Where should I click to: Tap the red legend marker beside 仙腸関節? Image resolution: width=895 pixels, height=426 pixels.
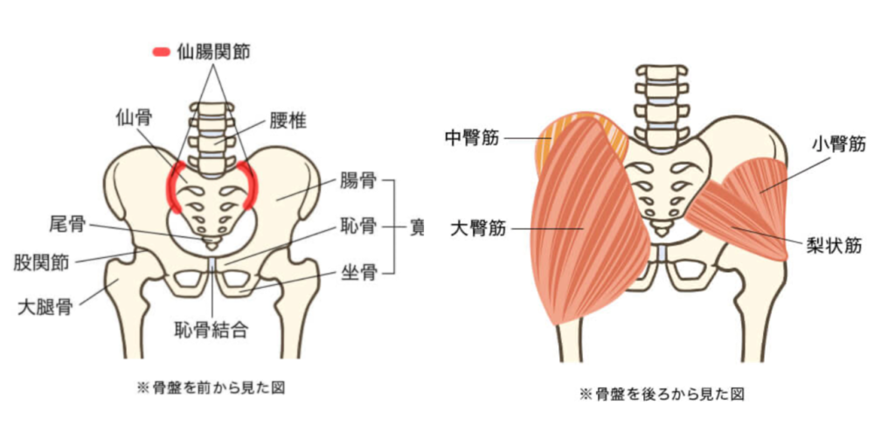pyautogui.click(x=162, y=52)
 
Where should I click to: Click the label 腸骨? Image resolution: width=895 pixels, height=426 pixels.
pyautogui.click(x=358, y=182)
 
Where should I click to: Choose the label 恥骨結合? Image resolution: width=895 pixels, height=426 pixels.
pyautogui.click(x=212, y=330)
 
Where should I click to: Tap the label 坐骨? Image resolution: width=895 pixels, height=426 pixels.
pyautogui.click(x=358, y=274)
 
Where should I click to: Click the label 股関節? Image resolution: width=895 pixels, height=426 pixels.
pyautogui.click(x=42, y=262)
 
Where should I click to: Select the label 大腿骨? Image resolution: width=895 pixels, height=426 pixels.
pyautogui.click(x=42, y=306)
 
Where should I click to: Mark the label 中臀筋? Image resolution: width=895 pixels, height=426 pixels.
pyautogui.click(x=471, y=137)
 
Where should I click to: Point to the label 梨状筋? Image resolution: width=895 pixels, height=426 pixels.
pyautogui.click(x=836, y=246)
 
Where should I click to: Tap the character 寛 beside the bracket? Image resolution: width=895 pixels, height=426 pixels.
pyautogui.click(x=418, y=227)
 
